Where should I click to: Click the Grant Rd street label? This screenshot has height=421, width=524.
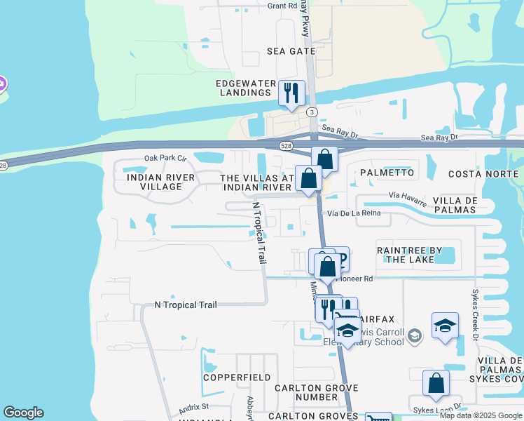pyautogui.click(x=283, y=6)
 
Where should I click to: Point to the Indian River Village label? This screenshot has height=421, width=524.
pyautogui.click(x=151, y=182)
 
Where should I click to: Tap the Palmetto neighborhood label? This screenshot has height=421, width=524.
pyautogui.click(x=387, y=173)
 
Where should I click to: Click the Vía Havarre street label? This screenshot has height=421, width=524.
pyautogui.click(x=407, y=199)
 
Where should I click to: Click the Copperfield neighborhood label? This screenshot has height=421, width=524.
pyautogui.click(x=237, y=377)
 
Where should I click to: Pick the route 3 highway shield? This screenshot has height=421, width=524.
pyautogui.click(x=312, y=112)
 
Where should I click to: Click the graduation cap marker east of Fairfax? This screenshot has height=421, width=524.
pyautogui.click(x=445, y=326)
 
